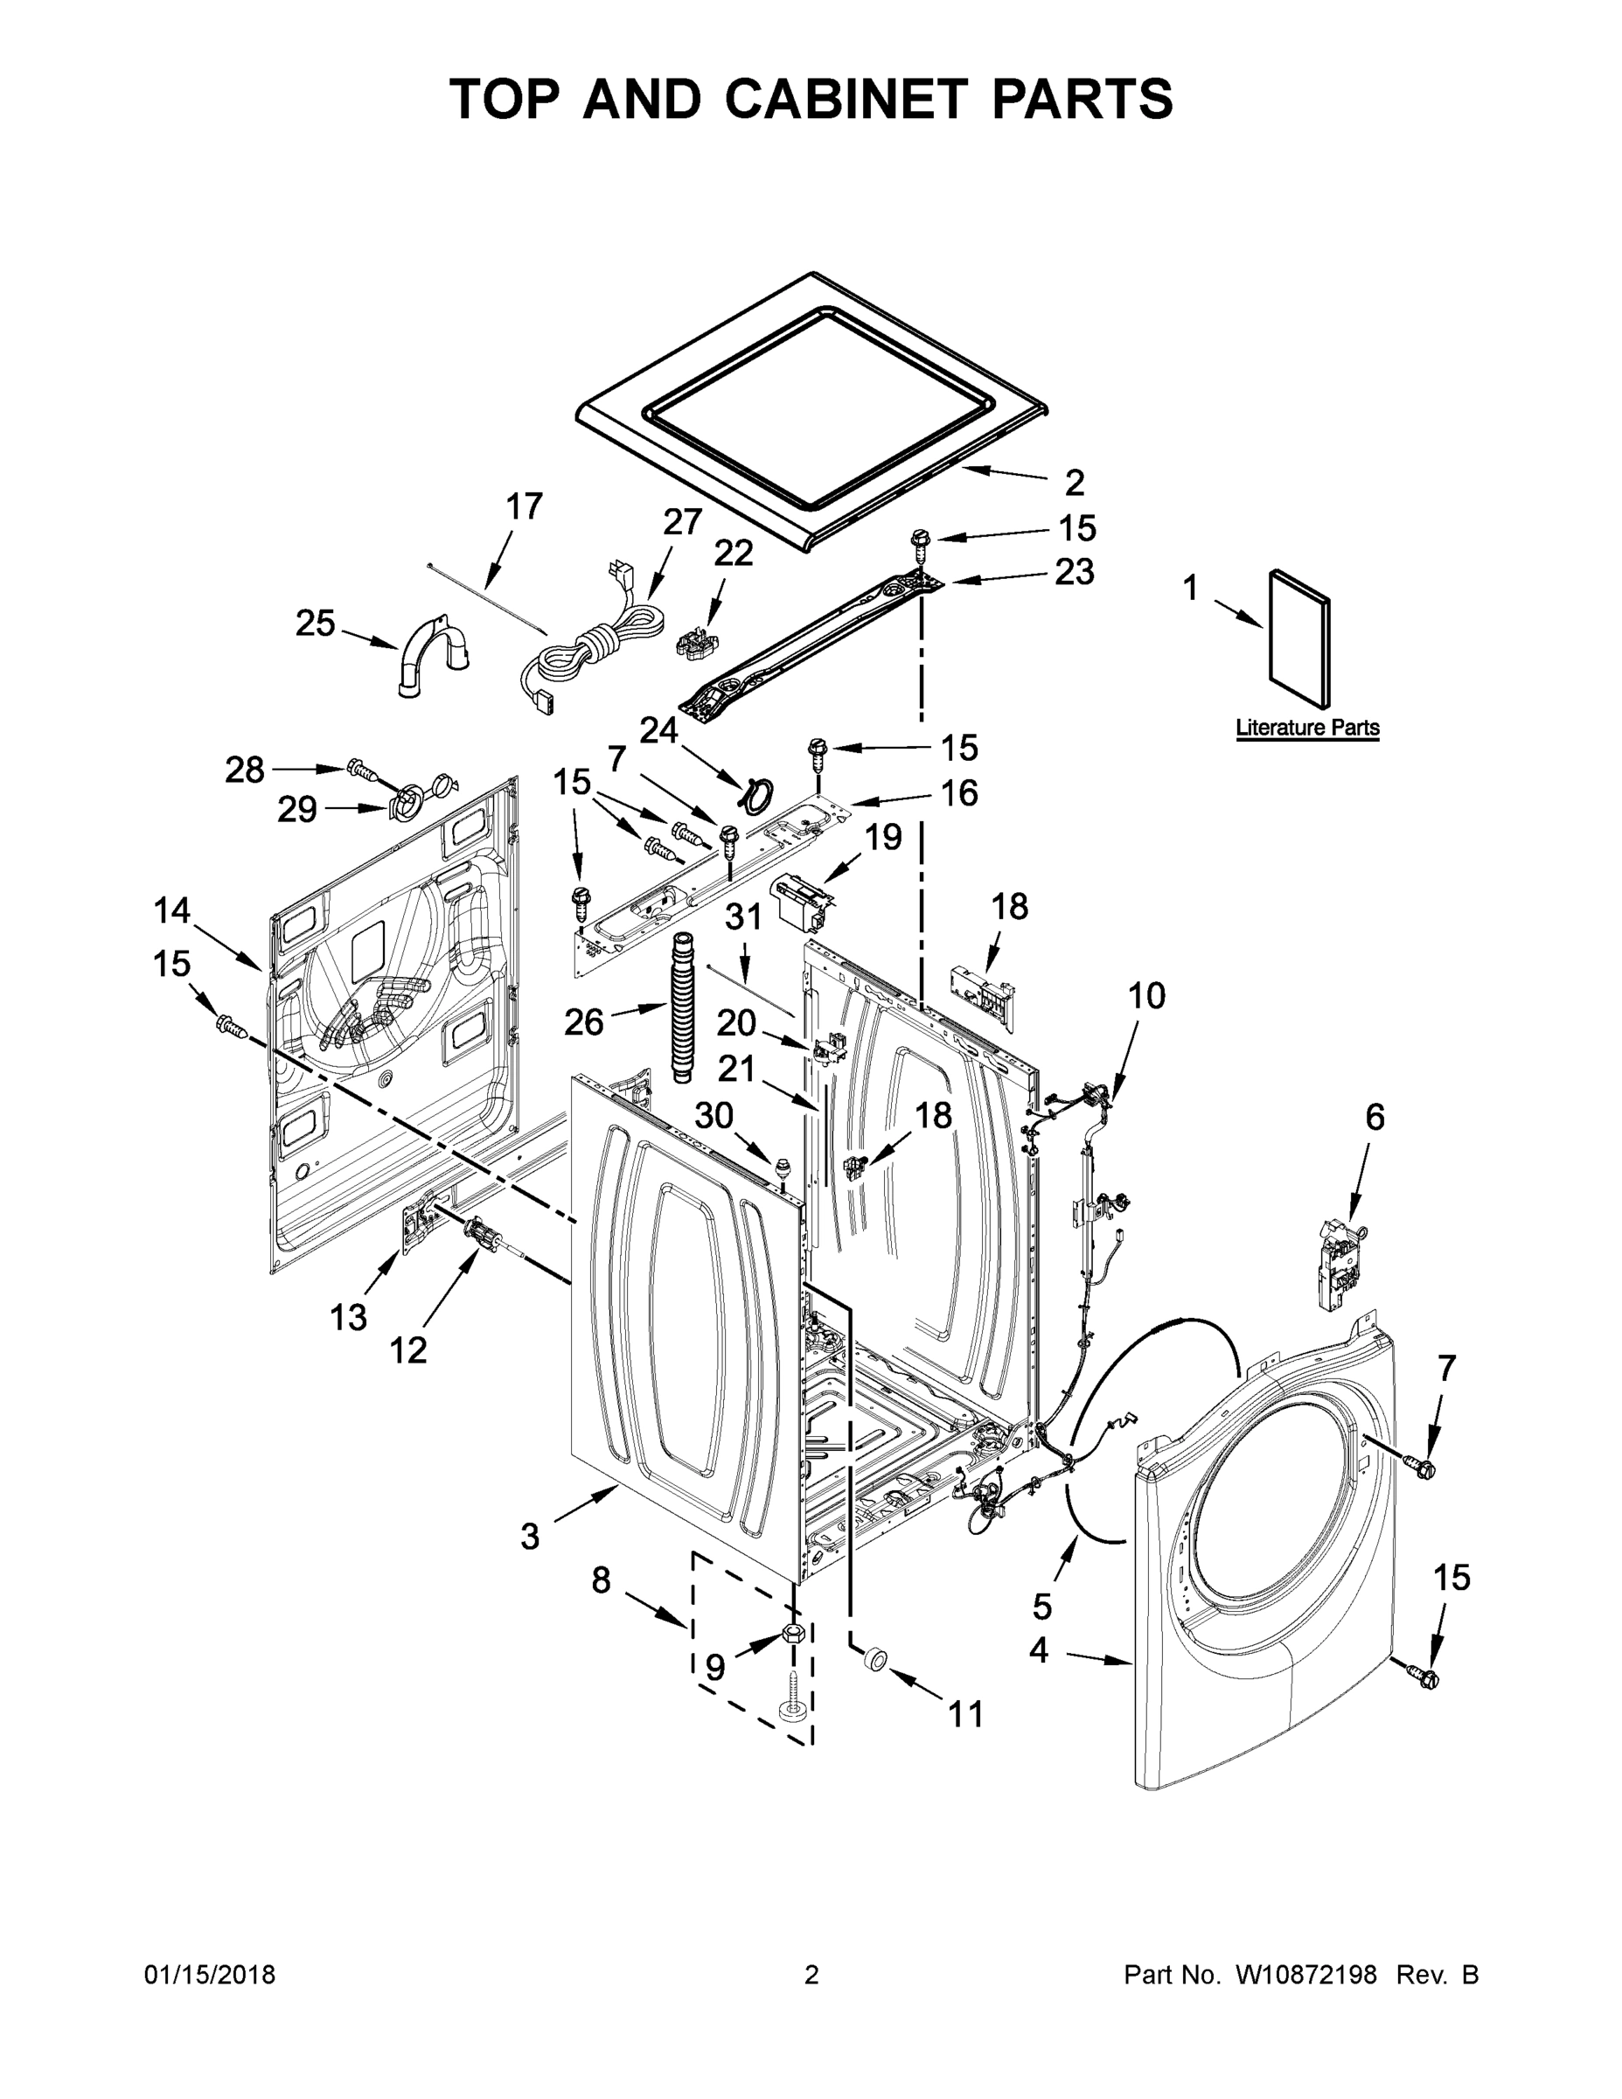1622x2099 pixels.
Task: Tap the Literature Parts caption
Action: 1307,728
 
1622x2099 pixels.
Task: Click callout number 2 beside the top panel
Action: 1075,482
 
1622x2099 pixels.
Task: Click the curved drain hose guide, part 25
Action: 429,653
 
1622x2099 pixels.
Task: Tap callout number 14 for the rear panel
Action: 172,910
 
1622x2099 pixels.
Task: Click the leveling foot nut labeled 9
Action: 793,1633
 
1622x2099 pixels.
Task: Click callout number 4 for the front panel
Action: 1039,1650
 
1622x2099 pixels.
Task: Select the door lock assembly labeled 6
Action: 1343,1260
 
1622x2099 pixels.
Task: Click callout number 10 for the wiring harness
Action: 1145,997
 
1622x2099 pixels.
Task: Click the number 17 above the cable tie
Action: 524,506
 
